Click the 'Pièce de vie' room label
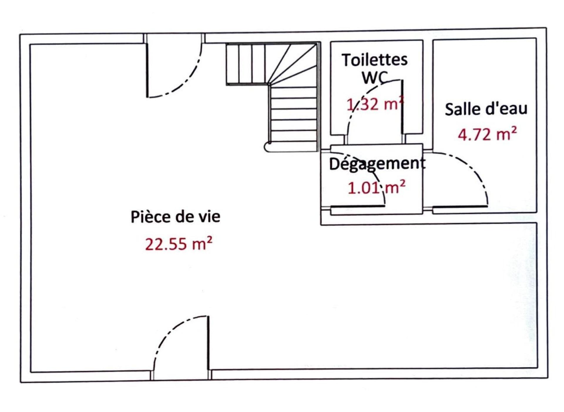pyautogui.click(x=175, y=217)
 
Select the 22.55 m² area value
pyautogui.click(x=179, y=244)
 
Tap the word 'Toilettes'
pyautogui.click(x=375, y=60)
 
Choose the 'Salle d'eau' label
pyautogui.click(x=486, y=109)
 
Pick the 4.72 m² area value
pyautogui.click(x=487, y=135)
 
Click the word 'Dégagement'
pyautogui.click(x=377, y=164)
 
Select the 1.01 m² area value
pyautogui.click(x=377, y=187)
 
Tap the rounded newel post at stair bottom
pyautogui.click(x=268, y=147)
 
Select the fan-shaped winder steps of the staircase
pyautogui.click(x=294, y=65)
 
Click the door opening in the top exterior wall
pyautogui.click(x=174, y=39)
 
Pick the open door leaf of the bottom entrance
pyautogui.click(x=208, y=343)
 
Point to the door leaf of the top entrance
pyautogui.click(x=147, y=71)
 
